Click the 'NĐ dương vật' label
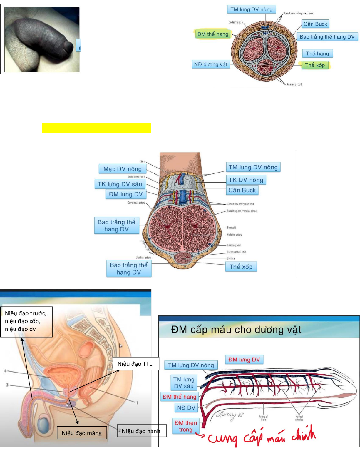click(x=211, y=64)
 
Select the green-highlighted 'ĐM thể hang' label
click(x=213, y=34)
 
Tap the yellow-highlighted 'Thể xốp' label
click(x=315, y=65)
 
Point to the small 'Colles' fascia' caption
click(x=236, y=22)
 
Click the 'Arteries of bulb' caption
click(x=294, y=84)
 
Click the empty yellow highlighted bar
click(x=96, y=128)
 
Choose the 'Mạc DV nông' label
click(x=123, y=169)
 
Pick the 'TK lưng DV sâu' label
click(x=120, y=184)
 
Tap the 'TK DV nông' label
click(x=246, y=180)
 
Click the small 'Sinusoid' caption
click(x=231, y=228)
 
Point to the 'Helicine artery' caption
click(x=234, y=235)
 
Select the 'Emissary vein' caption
click(x=234, y=245)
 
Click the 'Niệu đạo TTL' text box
click(x=135, y=364)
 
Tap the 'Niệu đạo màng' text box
click(x=82, y=433)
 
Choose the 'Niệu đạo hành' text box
click(x=141, y=431)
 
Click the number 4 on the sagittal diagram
click(x=5, y=371)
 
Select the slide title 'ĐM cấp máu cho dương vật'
click(x=236, y=329)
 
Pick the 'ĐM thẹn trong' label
click(x=186, y=426)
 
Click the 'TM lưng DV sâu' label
click(x=184, y=383)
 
